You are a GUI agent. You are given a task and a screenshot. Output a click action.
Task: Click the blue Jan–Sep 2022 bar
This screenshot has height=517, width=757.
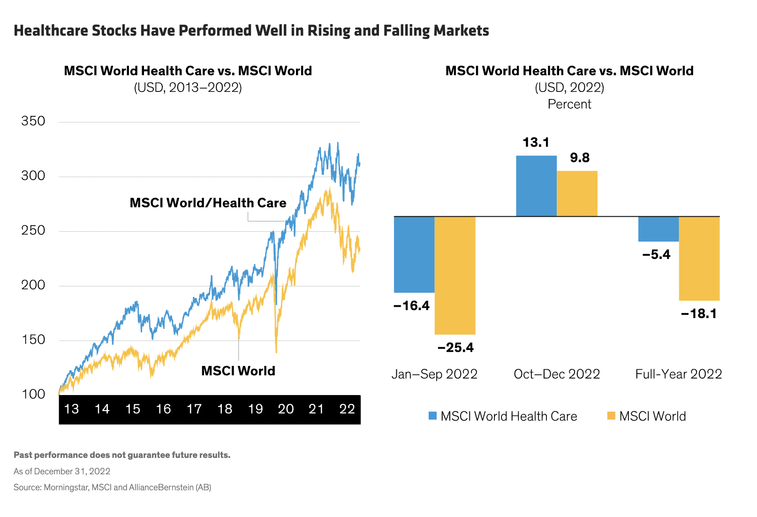pos(414,254)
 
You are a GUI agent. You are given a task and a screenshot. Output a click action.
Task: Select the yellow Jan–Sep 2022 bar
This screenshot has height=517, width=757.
pos(455,275)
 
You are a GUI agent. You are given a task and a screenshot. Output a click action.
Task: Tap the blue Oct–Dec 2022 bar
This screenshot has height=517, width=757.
pos(536,186)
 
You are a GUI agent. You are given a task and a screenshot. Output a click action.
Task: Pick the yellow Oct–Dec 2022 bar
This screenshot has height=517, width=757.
pos(577,193)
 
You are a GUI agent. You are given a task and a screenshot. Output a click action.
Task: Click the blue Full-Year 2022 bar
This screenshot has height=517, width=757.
pos(658,229)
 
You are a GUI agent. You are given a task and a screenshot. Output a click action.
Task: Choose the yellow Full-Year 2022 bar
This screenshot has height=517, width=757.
pos(699,258)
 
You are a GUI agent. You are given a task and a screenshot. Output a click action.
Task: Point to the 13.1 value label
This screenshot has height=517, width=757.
pos(536,142)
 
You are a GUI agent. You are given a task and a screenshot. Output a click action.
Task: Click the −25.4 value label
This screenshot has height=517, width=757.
pos(455,348)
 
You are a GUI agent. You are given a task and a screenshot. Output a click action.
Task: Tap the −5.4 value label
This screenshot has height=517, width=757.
pos(656,255)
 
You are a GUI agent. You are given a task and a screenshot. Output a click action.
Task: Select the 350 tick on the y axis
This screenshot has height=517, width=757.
pos(33,121)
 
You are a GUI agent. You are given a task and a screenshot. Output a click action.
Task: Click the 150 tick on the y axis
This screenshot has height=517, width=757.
pos(33,340)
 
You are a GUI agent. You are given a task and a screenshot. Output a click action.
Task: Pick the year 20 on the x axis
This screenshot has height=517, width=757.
pos(286,409)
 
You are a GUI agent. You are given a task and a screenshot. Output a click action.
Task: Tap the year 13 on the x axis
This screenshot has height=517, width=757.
pos(71,409)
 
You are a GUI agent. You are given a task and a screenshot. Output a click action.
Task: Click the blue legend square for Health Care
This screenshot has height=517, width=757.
pos(432,416)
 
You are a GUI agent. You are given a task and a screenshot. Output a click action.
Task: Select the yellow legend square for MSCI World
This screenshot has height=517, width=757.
pos(611,416)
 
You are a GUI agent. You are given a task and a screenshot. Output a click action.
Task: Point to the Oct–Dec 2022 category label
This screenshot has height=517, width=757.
pos(557,374)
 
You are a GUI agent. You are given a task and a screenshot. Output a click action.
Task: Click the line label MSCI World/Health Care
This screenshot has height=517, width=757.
pos(208,203)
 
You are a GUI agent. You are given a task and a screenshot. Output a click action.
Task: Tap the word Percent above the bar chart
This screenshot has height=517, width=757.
pos(569,104)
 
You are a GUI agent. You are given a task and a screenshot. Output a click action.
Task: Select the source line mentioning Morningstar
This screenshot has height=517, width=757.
pos(113,487)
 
